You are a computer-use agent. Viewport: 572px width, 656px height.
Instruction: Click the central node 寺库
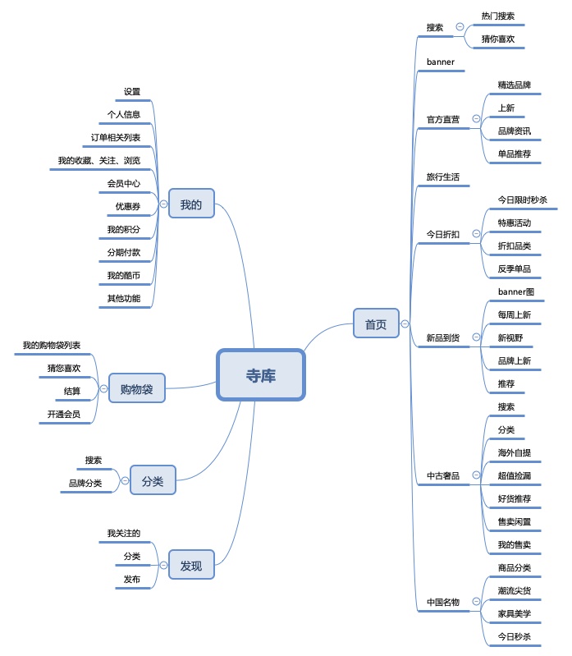[261, 375]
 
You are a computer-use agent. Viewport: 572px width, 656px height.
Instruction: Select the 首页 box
[375, 324]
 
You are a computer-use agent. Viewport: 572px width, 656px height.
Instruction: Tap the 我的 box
[190, 204]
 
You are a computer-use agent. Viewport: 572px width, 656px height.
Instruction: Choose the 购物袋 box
[136, 388]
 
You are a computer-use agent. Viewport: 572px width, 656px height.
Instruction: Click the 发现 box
[190, 565]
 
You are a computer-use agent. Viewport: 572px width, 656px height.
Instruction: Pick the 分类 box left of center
[153, 480]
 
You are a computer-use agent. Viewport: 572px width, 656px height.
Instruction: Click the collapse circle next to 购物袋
[103, 388]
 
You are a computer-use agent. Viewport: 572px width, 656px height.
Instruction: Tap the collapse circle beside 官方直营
[475, 119]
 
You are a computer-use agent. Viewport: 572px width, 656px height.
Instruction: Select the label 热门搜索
[498, 16]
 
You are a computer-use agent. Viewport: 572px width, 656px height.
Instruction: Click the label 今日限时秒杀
[522, 200]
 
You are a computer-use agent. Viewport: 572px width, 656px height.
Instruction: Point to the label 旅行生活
[442, 177]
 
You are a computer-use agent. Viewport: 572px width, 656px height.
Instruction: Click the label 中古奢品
[442, 475]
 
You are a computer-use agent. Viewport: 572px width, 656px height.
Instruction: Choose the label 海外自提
[515, 452]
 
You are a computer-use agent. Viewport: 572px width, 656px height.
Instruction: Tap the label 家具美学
[515, 613]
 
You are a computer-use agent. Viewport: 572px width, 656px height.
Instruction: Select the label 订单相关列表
[116, 137]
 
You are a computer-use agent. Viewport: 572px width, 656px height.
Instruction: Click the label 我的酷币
[123, 275]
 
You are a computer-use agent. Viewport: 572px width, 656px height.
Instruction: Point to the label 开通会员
[64, 415]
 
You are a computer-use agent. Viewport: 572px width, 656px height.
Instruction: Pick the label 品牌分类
[85, 483]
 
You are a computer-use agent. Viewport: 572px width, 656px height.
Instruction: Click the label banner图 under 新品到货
[516, 291]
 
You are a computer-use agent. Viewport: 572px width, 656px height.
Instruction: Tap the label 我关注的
[123, 533]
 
